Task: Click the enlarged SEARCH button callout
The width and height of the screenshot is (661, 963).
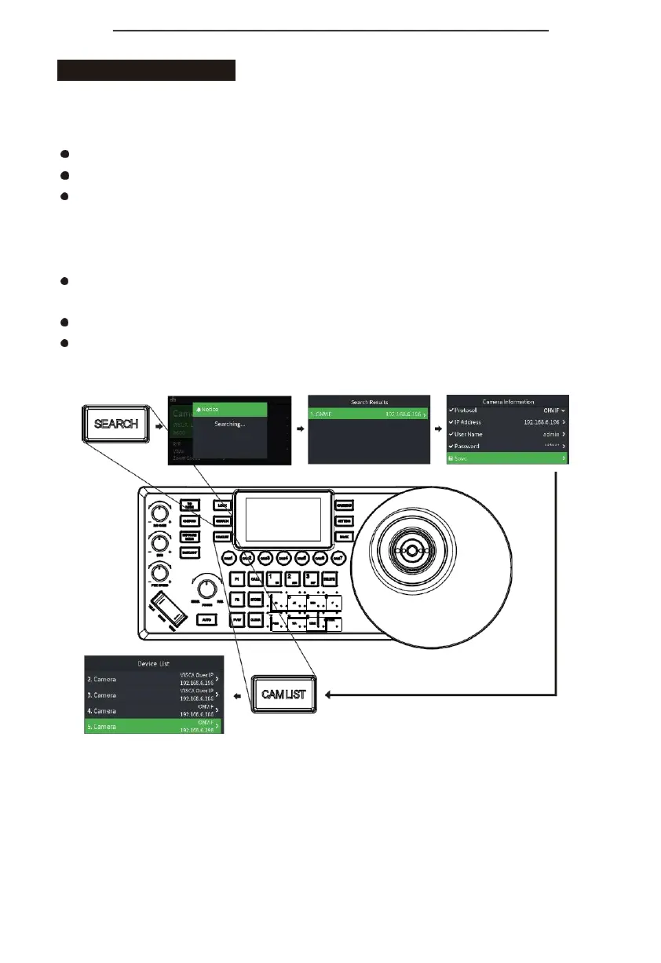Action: tap(116, 424)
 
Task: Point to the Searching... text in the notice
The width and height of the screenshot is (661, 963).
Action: tap(230, 424)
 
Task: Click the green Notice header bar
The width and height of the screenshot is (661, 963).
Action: tap(230, 410)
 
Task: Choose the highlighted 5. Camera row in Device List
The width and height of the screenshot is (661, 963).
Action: tap(153, 727)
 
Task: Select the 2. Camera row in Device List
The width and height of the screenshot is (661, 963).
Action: tap(153, 679)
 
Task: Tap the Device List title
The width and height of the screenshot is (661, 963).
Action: tap(153, 663)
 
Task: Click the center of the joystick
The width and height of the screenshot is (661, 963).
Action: tap(411, 551)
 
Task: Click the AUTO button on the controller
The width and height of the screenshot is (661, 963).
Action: tap(205, 619)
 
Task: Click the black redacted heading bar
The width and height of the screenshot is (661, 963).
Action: tap(146, 69)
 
